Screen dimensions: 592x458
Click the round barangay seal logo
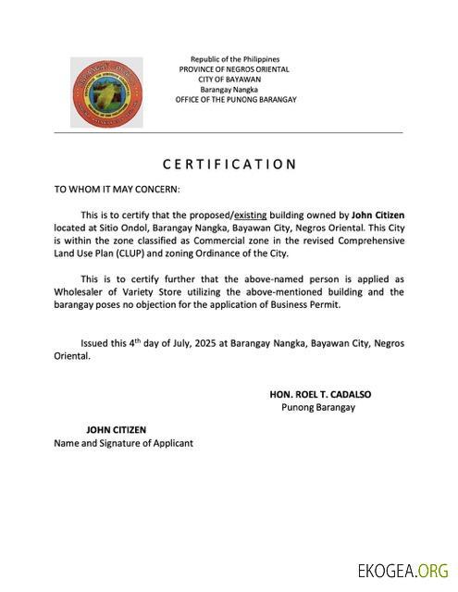(107, 92)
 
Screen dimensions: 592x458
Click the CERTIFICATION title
(229, 165)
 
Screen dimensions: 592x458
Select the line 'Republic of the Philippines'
(235, 59)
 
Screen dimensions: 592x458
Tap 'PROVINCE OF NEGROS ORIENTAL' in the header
(235, 69)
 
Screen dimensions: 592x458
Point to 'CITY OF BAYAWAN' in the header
(235, 80)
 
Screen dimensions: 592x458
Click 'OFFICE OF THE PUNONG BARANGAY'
(235, 100)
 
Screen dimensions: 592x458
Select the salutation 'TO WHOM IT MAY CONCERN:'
(117, 189)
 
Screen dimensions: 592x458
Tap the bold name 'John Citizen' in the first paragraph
(378, 214)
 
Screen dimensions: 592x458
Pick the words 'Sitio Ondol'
(116, 227)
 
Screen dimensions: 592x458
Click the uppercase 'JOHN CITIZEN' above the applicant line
(116, 430)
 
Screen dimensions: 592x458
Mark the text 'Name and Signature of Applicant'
(124, 443)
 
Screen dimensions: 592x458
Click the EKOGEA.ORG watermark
(403, 570)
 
